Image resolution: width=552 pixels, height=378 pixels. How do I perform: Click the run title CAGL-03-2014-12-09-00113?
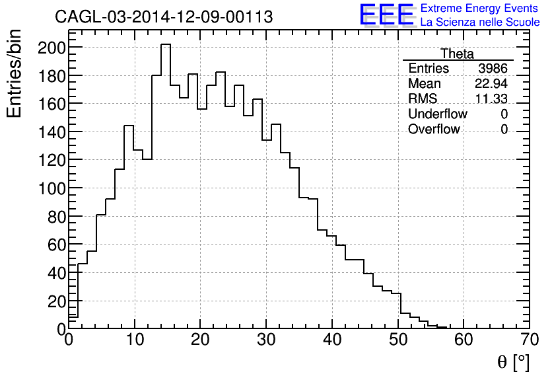point(164,17)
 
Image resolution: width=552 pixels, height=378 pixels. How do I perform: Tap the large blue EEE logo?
point(386,16)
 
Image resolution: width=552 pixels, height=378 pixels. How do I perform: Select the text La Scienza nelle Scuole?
point(480,22)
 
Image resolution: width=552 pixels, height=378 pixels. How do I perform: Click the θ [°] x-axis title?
point(513,361)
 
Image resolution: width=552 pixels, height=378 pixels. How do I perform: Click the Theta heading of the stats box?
point(457,54)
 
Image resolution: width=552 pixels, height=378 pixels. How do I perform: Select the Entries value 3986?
point(493,69)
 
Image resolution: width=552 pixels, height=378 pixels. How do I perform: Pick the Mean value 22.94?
point(491,84)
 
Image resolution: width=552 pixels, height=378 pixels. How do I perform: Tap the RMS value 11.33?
point(491,99)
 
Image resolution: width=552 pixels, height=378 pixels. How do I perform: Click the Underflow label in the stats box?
point(437,114)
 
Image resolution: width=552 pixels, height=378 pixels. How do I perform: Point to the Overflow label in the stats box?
point(434,130)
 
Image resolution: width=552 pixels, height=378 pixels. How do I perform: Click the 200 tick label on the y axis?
point(51,48)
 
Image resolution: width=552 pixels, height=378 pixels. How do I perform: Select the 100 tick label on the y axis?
point(51,188)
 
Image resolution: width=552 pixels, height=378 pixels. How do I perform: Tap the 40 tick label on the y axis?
point(55,272)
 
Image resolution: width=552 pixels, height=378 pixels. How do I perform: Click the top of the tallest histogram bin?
point(166,44)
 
